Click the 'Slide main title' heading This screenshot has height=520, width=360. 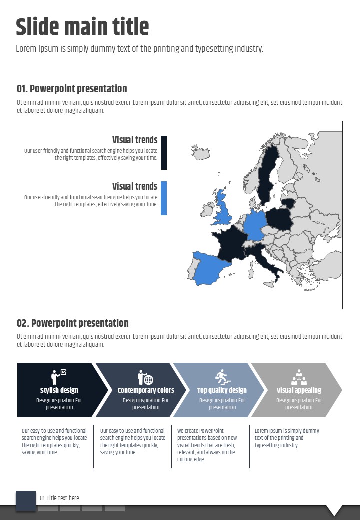click(x=82, y=27)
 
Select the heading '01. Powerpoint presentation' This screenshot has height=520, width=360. click(x=72, y=89)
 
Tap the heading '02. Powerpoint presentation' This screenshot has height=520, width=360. click(x=73, y=323)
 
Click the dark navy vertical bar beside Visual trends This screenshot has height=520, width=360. click(x=164, y=152)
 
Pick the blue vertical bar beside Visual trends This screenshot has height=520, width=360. click(x=164, y=198)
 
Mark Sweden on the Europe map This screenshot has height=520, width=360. click(x=269, y=172)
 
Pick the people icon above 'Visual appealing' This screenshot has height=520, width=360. click(x=299, y=377)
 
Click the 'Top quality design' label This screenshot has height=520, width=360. click(x=222, y=390)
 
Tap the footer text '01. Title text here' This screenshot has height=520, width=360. click(x=59, y=498)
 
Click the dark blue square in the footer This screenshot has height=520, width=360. click(x=26, y=500)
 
